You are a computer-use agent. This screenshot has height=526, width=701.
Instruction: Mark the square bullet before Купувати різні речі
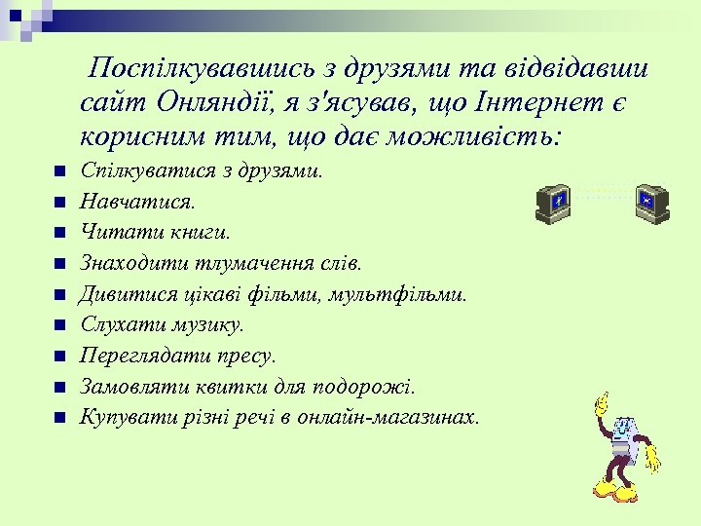point(59,418)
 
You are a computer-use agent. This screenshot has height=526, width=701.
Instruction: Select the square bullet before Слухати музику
point(59,325)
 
